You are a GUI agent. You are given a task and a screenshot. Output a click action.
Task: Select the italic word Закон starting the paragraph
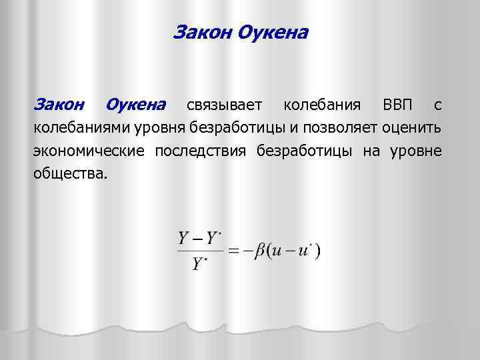click(x=59, y=105)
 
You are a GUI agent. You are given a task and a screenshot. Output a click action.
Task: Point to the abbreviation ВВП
click(x=398, y=105)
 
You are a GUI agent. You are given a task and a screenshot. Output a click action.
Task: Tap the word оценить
click(x=414, y=127)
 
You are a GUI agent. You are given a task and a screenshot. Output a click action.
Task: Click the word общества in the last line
click(x=69, y=173)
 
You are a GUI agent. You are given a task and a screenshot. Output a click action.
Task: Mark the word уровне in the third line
click(x=415, y=150)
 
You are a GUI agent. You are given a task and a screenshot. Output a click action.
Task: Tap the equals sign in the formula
click(x=234, y=251)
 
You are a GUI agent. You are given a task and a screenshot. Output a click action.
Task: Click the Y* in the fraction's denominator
click(x=198, y=265)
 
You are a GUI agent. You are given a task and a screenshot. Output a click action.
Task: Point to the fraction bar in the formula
click(x=199, y=251)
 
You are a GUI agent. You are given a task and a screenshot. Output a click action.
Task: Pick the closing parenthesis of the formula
click(x=319, y=251)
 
